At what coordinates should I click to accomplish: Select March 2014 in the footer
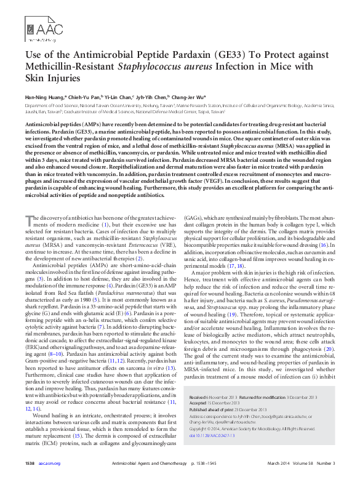coord(274,463)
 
